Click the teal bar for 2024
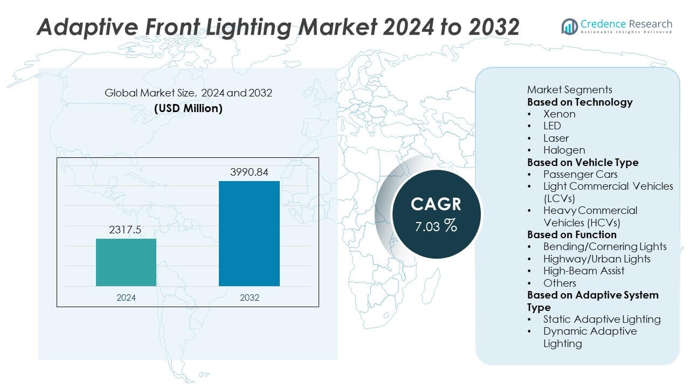click(x=126, y=262)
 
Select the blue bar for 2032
click(x=249, y=233)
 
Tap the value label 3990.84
click(x=249, y=172)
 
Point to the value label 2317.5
click(x=126, y=230)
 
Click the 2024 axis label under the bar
click(x=126, y=297)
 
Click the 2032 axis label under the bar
click(x=249, y=297)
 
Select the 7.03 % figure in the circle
click(x=436, y=226)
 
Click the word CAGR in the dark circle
click(x=436, y=204)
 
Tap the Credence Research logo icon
click(x=569, y=26)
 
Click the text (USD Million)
click(x=188, y=108)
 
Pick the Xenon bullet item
click(x=559, y=114)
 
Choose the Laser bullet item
click(x=556, y=138)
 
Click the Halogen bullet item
click(x=564, y=150)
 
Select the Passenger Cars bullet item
click(x=580, y=174)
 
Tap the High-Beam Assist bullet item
click(x=583, y=271)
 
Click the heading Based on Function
click(x=571, y=234)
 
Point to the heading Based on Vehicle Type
click(x=582, y=162)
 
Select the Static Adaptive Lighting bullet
click(x=602, y=319)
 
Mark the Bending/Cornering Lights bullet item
click(x=605, y=246)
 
